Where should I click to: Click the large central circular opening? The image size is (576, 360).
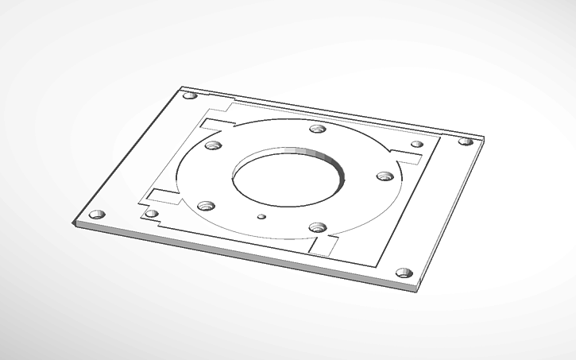(287, 178)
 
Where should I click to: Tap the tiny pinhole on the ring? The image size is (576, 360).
(262, 216)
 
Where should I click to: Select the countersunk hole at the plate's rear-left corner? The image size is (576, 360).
(189, 96)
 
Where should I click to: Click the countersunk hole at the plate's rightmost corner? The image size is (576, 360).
(466, 141)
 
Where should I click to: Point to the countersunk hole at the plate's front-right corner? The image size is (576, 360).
(404, 273)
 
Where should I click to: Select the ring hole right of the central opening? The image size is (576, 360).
(385, 176)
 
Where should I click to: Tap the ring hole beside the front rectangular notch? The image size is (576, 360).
(318, 227)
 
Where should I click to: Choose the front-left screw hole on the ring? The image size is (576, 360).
(207, 205)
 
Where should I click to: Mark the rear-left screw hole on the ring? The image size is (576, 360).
(212, 145)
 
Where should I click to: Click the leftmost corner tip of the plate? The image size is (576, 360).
(74, 225)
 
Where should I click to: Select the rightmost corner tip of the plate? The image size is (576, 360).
(484, 141)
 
